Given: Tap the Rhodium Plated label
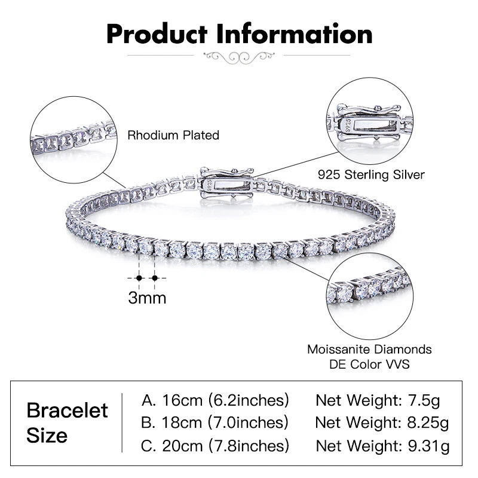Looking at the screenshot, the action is pos(173,136).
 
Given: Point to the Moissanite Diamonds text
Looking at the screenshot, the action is pos(369,349).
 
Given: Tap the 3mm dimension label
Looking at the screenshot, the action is pos(147,297).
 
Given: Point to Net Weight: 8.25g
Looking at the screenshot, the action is pos(382,422).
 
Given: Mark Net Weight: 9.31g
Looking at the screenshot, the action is pos(382,445).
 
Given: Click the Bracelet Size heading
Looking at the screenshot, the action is pos(68,422).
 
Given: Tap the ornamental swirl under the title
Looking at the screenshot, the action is pos(239,57).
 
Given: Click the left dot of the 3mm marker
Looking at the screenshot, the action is pos(139,278).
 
